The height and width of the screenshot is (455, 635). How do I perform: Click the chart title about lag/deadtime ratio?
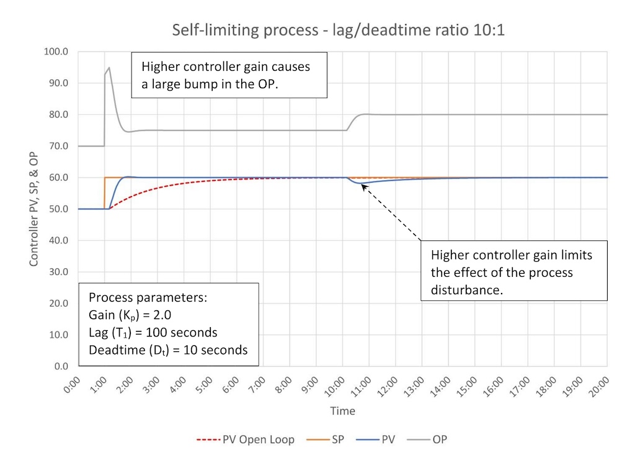(339, 30)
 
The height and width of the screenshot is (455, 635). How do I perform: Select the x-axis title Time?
(342, 411)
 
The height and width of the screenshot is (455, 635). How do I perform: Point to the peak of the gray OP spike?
(109, 68)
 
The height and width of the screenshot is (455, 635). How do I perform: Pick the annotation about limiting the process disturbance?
(512, 273)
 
